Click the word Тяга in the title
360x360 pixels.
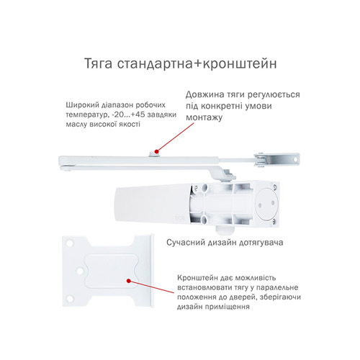pos(99,64)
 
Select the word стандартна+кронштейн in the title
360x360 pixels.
pos(197,64)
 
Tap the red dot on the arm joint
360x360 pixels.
pos(156,151)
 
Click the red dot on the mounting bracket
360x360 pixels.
pos(129,281)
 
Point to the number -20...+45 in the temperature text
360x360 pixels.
pos(128,114)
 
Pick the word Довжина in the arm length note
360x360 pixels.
pos(203,94)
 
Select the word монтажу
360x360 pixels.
pos(204,117)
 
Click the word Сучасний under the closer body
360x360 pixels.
pos(186,243)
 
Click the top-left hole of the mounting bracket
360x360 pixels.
pos(69,243)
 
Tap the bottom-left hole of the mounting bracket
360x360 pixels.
pos(70,299)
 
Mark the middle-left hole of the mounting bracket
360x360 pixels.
pos(80,271)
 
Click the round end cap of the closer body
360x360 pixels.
pos(266,204)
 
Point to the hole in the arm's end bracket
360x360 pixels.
pos(295,159)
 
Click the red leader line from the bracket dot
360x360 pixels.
pos(151,287)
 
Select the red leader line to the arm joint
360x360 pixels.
pos(175,138)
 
